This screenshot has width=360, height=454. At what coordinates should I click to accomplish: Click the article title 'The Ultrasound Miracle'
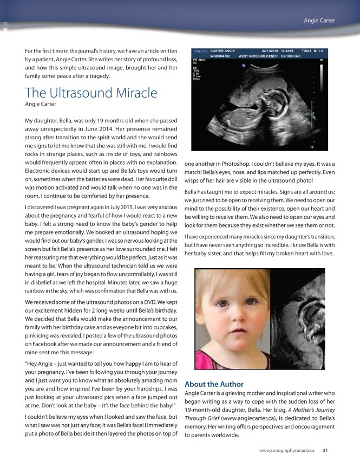coord(91,93)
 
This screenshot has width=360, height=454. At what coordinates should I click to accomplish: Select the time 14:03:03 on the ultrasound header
coord(297,52)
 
